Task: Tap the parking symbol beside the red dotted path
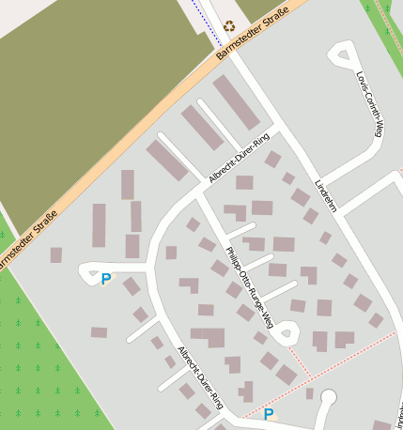point(268,413)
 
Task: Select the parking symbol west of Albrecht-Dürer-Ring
point(105,279)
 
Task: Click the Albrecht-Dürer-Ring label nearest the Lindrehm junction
point(239,159)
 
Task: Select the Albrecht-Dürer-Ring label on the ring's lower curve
point(200,376)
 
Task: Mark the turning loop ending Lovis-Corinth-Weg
point(342,54)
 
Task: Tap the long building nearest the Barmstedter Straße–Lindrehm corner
point(236,101)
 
